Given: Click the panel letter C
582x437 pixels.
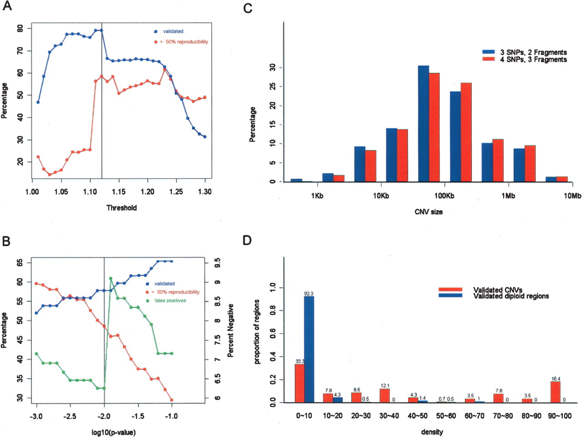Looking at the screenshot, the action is (248, 9).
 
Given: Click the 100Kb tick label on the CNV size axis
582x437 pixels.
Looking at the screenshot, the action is (444, 196).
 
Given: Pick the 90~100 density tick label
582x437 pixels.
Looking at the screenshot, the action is (560, 416).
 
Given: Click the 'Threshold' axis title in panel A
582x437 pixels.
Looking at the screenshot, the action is (122, 208).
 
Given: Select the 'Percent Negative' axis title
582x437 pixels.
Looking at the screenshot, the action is (231, 331).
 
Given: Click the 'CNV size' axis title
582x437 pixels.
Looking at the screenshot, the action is (429, 212).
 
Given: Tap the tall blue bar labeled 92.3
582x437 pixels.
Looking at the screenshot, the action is (309, 349).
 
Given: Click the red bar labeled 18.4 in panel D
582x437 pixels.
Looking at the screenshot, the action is (556, 392).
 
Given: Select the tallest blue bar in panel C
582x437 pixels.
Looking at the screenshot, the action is (423, 124).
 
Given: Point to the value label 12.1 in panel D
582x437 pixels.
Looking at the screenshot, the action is (385, 386).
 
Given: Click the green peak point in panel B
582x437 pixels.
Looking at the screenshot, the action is (110, 278).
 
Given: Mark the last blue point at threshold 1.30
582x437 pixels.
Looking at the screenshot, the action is (205, 137).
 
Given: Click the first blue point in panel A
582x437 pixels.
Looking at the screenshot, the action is (38, 102).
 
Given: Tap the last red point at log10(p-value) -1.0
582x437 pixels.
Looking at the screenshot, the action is (172, 400).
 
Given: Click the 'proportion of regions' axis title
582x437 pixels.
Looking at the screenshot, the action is (257, 332).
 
